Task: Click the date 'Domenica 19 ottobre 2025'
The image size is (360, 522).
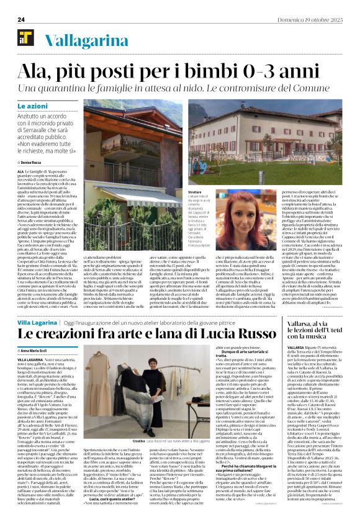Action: coord(317,20)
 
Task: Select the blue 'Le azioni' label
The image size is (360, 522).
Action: coord(33,106)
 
